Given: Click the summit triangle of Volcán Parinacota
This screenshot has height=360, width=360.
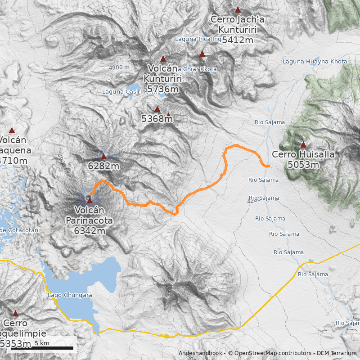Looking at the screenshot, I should [90, 201].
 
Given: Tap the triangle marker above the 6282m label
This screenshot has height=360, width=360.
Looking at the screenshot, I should [103, 157].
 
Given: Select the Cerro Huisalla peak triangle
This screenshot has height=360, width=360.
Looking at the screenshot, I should [303, 145].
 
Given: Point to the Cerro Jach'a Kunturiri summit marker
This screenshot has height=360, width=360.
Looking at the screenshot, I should [238, 9].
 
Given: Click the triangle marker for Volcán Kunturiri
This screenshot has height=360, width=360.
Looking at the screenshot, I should [163, 58].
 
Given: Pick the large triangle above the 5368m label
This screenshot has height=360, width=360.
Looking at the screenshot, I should [157, 109].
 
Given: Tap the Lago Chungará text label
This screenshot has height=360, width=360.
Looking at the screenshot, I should [70, 296].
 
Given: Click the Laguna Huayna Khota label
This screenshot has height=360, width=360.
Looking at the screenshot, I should [315, 62].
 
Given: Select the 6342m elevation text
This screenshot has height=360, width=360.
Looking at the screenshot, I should [90, 231].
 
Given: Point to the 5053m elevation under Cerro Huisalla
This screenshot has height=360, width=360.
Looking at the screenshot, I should [303, 165].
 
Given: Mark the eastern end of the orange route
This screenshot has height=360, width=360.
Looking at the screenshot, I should [269, 166].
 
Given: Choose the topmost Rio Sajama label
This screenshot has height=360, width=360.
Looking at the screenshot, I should [270, 122].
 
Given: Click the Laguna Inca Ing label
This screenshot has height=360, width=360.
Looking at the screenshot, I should [198, 39].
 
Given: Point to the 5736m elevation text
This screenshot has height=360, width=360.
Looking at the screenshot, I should [163, 89].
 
